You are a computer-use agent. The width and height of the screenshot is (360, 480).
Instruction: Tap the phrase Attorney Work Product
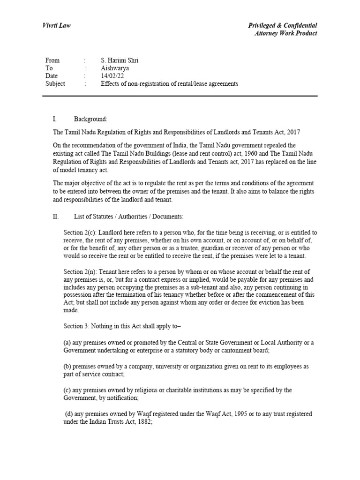tap(285, 33)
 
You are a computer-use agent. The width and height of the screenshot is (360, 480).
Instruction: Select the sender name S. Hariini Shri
tap(120, 60)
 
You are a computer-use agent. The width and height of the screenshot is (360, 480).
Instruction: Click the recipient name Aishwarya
tap(115, 68)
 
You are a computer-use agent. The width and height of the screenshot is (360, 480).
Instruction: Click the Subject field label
tap(55, 84)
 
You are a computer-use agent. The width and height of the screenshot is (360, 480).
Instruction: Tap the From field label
tap(52, 60)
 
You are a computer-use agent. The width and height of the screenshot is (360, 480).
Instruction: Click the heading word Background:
tap(91, 120)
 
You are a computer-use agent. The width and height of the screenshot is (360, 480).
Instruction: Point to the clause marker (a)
tap(67, 343)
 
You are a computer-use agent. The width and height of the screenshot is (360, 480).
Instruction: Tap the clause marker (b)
tap(67, 366)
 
